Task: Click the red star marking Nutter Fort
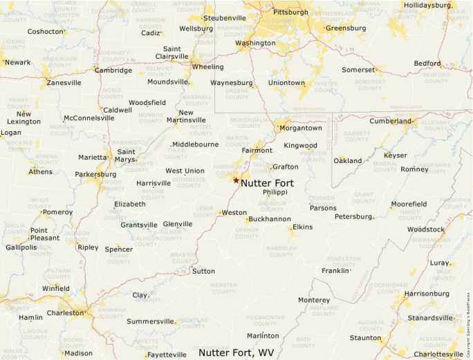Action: (x=236, y=180)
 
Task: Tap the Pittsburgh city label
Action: (x=290, y=12)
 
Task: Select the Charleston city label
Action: (x=65, y=313)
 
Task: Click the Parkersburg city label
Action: (x=95, y=174)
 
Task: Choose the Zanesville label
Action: (x=64, y=83)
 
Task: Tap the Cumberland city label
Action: (x=390, y=121)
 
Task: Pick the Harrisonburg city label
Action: (x=426, y=294)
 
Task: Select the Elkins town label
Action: (x=302, y=227)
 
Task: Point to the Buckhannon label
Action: (x=269, y=219)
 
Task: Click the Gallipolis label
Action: (x=21, y=247)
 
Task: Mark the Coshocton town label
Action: (x=46, y=31)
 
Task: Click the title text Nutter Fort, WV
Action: (x=236, y=352)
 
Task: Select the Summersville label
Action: (x=151, y=321)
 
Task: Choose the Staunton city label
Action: (x=364, y=338)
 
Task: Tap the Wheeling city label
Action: (x=207, y=67)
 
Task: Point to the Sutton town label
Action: (x=203, y=271)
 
